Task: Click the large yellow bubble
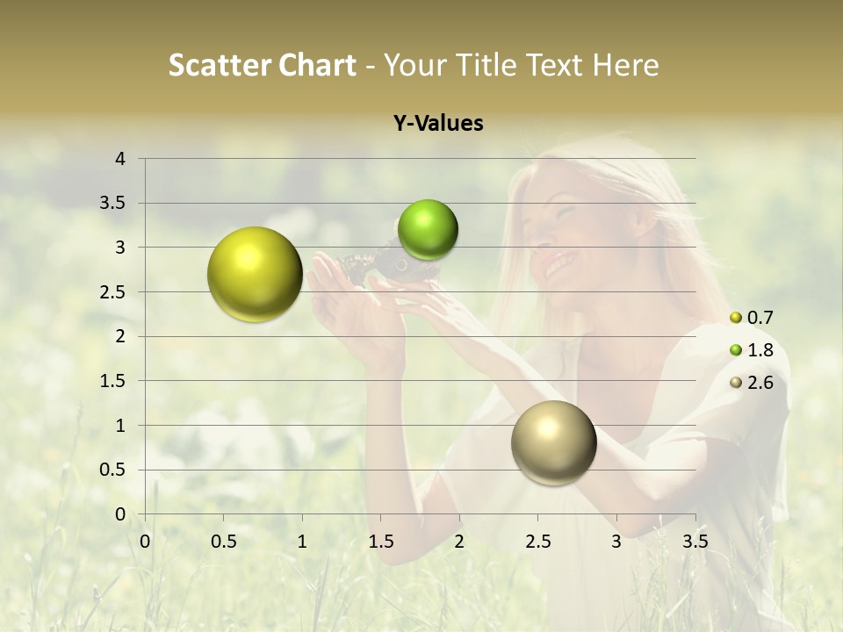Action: click(x=255, y=274)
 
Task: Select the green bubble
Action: click(x=428, y=229)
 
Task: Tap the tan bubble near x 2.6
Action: click(x=553, y=442)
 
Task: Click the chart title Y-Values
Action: click(x=438, y=124)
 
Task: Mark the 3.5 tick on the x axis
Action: click(x=695, y=542)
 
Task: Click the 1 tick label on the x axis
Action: click(x=302, y=542)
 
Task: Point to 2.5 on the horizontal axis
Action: click(x=537, y=542)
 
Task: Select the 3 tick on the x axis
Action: click(x=616, y=542)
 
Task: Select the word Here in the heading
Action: click(x=625, y=65)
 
